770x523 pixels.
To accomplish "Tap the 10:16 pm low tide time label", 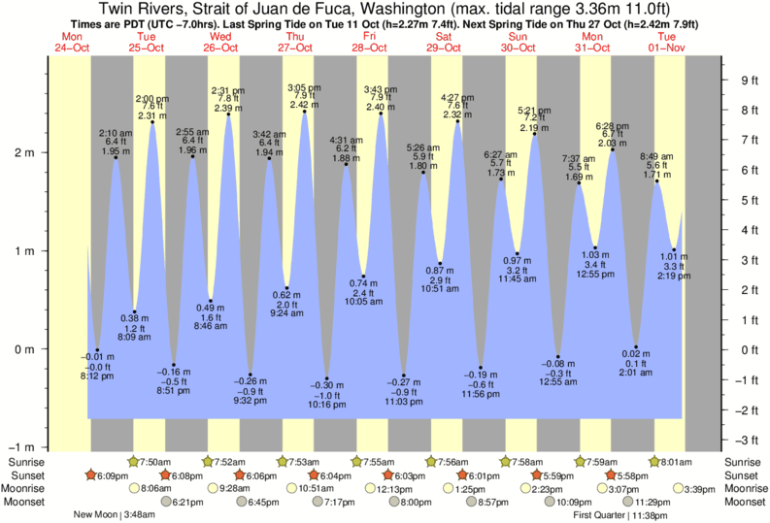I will click(327, 405).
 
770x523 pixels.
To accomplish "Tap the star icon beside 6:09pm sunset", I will click(91, 475).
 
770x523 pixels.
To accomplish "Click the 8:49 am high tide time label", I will click(656, 156).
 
